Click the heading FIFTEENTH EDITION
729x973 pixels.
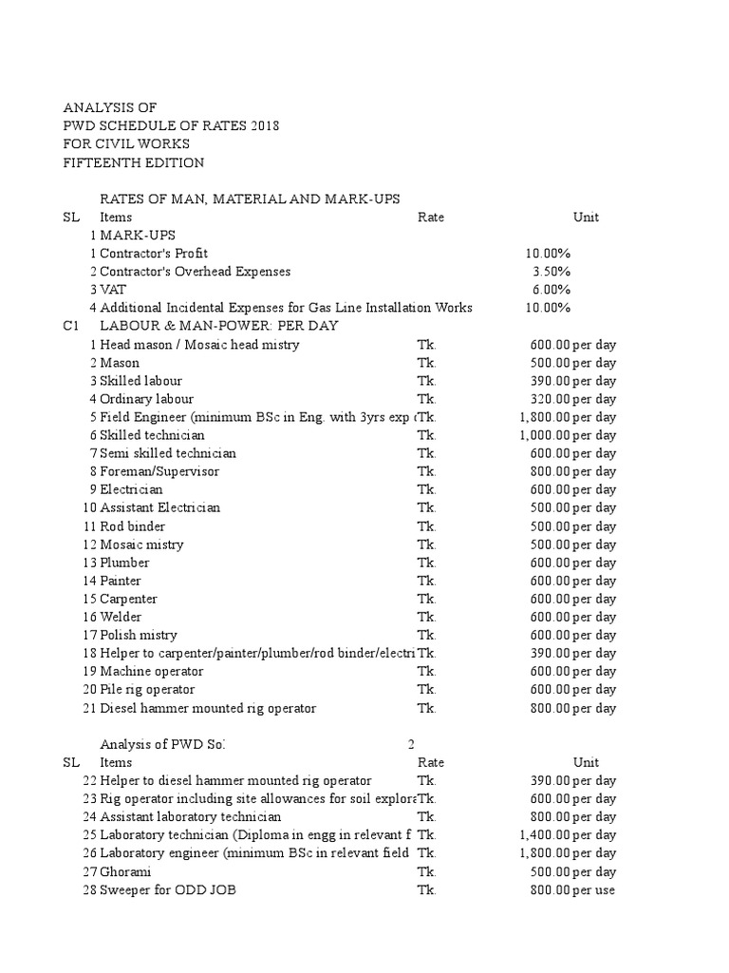point(133,162)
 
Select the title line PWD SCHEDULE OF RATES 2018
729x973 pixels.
point(171,126)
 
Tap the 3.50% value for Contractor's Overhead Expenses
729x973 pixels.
point(551,272)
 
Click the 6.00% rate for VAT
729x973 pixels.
point(551,290)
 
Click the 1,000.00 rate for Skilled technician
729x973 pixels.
point(543,435)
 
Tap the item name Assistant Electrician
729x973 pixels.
point(159,507)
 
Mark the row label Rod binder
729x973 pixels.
point(132,526)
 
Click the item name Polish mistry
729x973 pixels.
point(139,635)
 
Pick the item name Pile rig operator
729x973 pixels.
point(147,690)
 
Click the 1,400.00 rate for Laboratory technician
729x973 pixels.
point(543,835)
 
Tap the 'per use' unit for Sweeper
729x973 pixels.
point(593,890)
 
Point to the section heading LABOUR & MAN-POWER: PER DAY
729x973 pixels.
point(218,326)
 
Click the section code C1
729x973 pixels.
point(71,326)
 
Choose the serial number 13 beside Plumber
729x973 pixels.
point(90,563)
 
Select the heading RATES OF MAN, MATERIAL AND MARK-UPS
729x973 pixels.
point(250,199)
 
